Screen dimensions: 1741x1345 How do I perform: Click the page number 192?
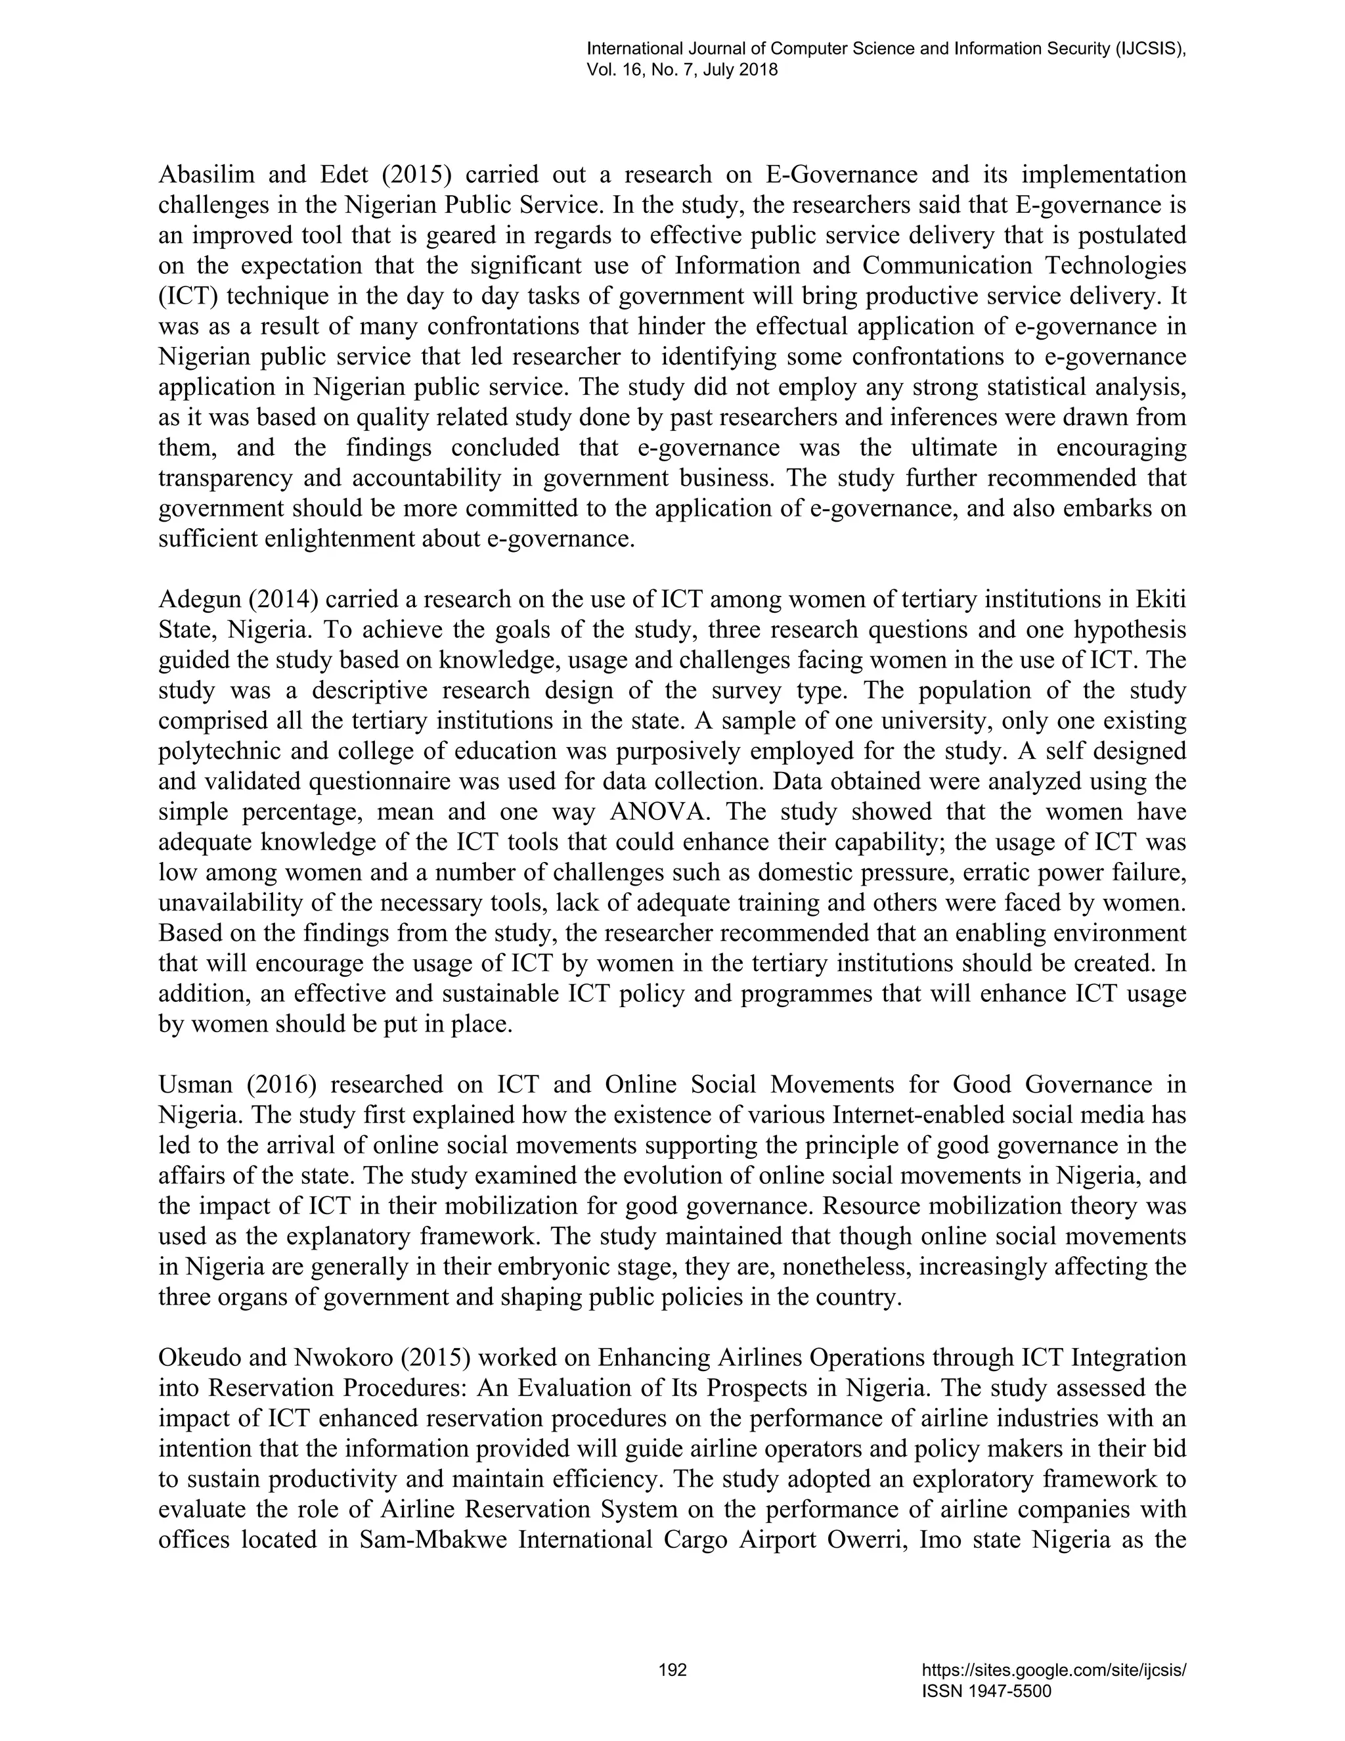coord(672,1670)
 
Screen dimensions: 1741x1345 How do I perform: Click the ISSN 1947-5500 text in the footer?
coord(986,1691)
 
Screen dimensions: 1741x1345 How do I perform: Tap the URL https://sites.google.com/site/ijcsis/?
coord(1053,1670)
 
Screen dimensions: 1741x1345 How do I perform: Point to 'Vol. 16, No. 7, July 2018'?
coord(682,70)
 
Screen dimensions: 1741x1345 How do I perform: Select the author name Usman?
coord(195,1084)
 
